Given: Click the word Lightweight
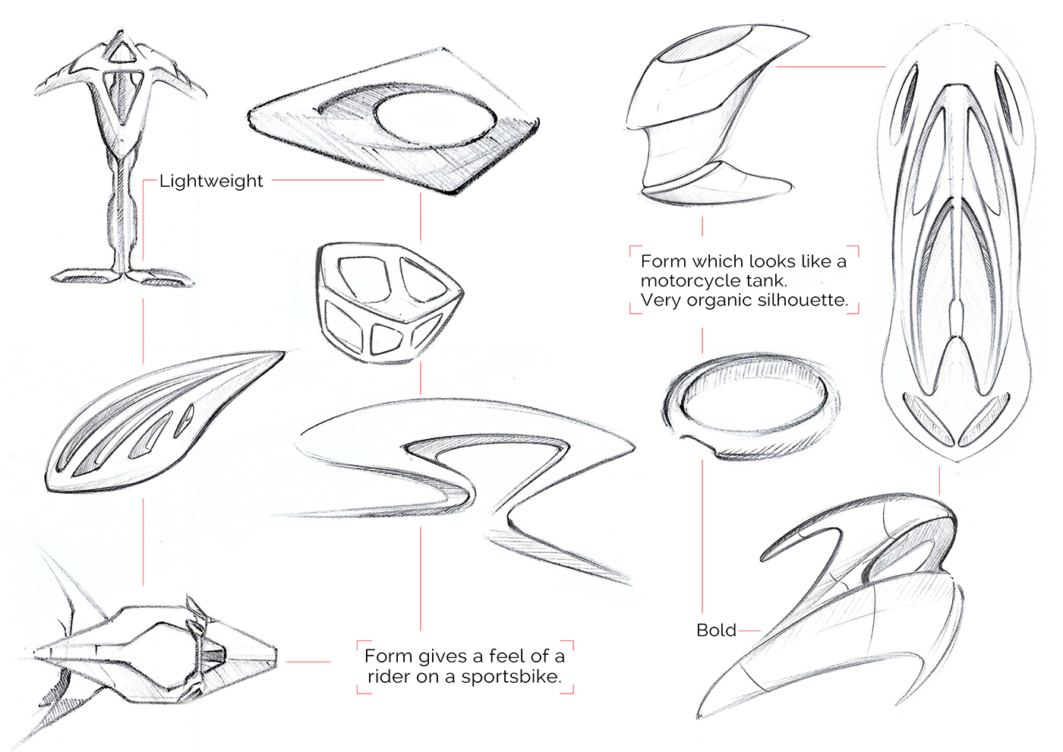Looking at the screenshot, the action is pyautogui.click(x=211, y=182).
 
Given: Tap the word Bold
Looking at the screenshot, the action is pyautogui.click(x=716, y=630).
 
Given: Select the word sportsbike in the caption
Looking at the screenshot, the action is pyautogui.click(x=511, y=677).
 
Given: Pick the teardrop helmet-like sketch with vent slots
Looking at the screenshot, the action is pyautogui.click(x=152, y=425).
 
